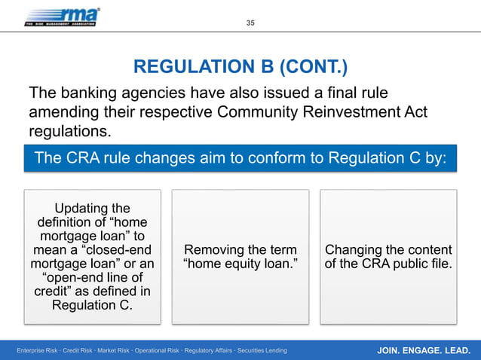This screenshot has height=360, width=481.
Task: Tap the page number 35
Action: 251,23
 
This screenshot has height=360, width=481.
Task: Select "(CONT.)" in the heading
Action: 313,69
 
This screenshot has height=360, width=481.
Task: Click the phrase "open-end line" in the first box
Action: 97,278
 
